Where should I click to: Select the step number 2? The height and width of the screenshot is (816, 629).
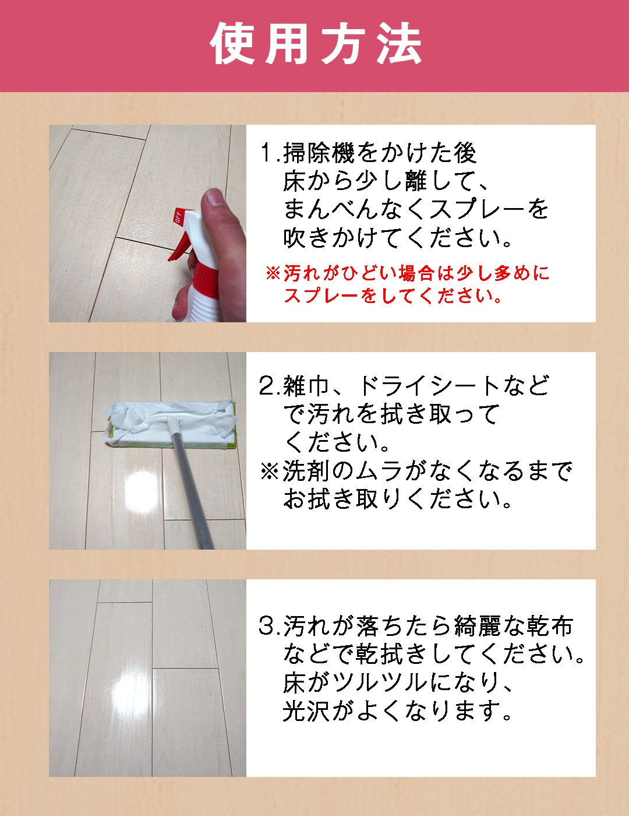coord(268,386)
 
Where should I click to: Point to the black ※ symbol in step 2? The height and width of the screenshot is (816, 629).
coord(269,472)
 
